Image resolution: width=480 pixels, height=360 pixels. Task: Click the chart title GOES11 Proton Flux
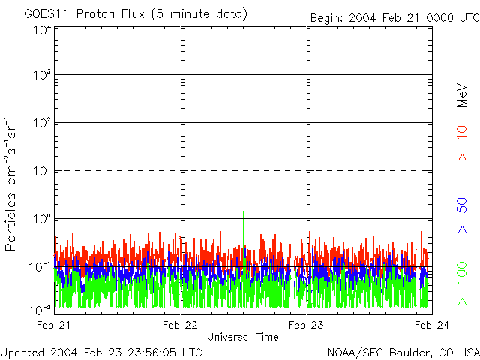[x=135, y=14]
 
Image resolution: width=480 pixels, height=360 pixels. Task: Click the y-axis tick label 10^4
[x=41, y=30]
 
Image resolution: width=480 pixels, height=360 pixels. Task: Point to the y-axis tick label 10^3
[x=41, y=76]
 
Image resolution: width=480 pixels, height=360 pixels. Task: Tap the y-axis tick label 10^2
[x=41, y=124]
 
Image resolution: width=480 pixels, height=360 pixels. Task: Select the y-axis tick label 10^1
[x=41, y=172]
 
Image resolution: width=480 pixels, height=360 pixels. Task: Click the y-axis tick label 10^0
[x=41, y=220]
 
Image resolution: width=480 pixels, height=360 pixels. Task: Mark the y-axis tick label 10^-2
[x=41, y=309]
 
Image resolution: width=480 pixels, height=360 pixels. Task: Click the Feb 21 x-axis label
[x=55, y=325]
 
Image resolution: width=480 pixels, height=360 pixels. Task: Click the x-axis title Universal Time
[x=243, y=337]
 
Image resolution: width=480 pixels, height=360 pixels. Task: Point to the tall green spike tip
[x=244, y=211]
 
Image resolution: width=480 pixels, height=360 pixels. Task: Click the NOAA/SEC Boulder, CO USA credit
[x=403, y=352]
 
